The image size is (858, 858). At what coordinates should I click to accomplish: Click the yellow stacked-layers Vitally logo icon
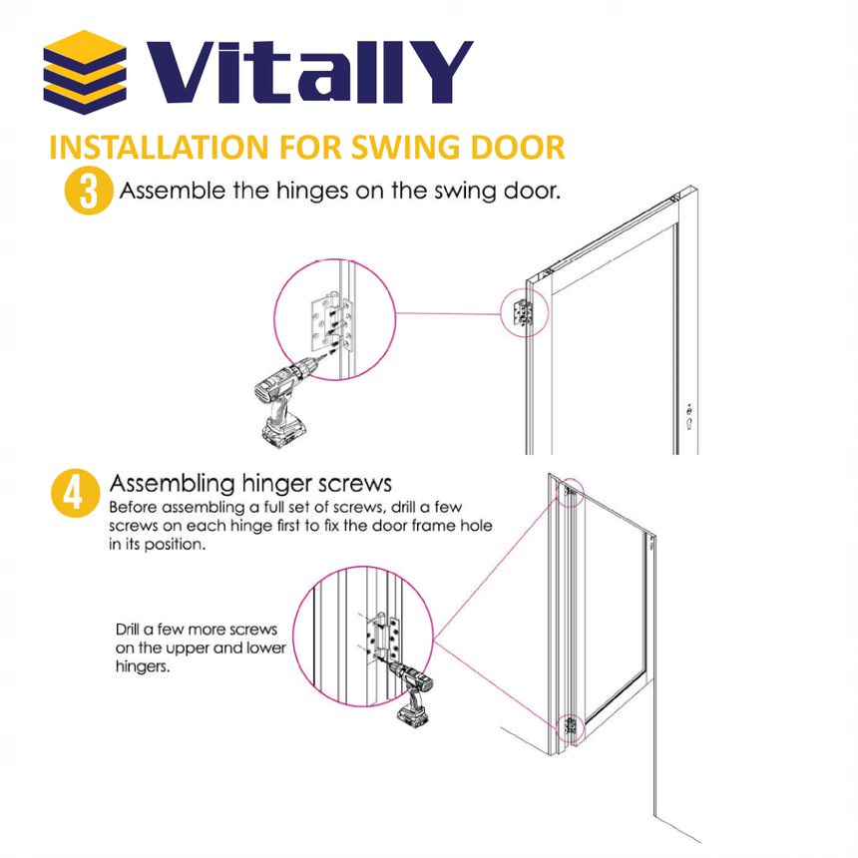point(85,72)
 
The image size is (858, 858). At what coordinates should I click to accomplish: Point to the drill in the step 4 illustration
point(410,687)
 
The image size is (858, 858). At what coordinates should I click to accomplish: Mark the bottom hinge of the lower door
point(571,727)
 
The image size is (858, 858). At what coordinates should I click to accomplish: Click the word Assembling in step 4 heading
point(170,484)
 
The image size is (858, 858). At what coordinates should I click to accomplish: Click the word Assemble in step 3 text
point(164,191)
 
